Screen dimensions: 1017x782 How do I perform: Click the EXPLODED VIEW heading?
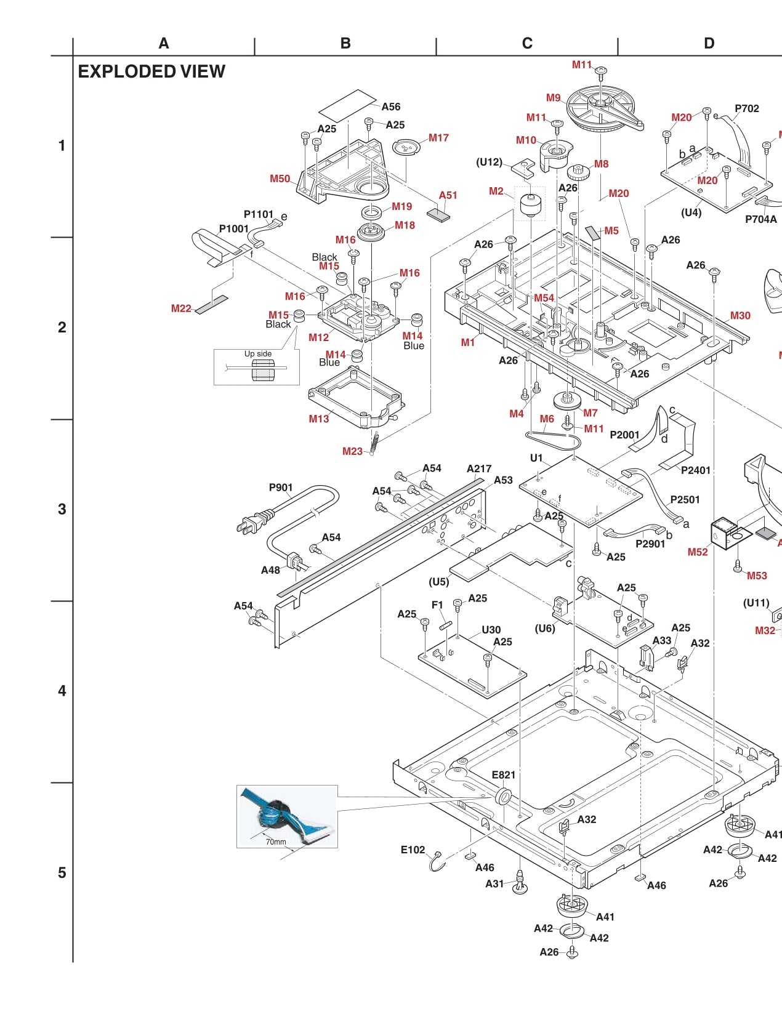point(151,71)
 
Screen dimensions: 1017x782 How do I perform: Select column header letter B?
point(345,43)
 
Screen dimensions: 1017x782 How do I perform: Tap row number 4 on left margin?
point(62,691)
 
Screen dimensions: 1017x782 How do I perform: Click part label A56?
point(391,107)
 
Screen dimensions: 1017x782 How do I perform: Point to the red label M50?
point(280,179)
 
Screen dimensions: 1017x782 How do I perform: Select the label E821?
point(503,774)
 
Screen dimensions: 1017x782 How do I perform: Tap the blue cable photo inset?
point(287,816)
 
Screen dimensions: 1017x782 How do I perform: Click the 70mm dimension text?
point(276,842)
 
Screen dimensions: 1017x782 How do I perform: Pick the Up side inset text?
point(258,353)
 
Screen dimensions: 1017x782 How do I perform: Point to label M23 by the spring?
point(352,451)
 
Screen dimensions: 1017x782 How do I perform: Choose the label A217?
point(479,468)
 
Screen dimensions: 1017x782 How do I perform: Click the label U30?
point(491,630)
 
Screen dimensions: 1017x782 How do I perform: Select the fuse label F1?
point(437,605)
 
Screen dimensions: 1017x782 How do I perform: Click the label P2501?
point(685,499)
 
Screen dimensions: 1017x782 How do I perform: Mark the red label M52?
point(698,552)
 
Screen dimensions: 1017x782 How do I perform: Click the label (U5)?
point(439,581)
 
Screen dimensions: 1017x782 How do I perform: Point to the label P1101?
point(259,214)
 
